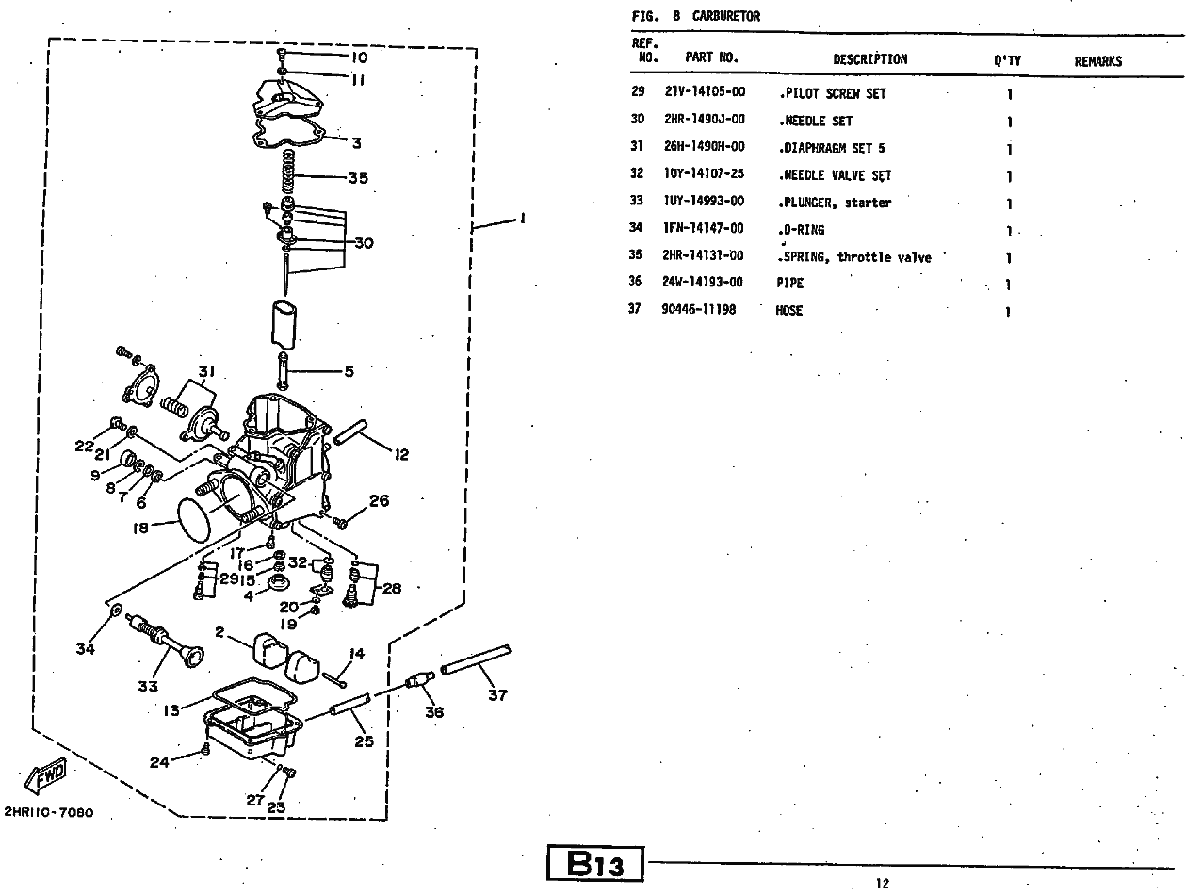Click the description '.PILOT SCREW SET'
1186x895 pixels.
(833, 94)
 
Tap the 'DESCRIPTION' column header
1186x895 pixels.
(869, 59)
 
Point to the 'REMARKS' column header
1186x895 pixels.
(1097, 61)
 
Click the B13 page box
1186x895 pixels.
(595, 864)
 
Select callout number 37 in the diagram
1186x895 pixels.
(497, 695)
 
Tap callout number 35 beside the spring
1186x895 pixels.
(357, 177)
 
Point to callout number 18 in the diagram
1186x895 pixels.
(141, 529)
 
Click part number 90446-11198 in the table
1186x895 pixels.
(699, 310)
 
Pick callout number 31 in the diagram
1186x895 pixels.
(206, 370)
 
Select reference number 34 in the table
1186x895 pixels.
(636, 228)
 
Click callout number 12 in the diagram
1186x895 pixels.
(401, 454)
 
